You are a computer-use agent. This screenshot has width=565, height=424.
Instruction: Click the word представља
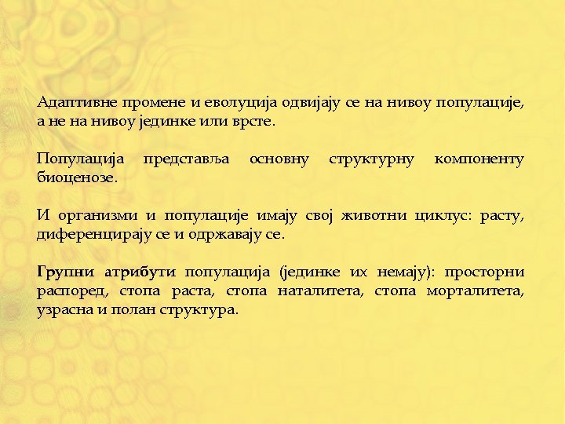pos(187,159)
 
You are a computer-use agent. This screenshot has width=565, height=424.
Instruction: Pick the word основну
pos(279,159)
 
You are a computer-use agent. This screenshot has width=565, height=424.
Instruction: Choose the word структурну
pos(371,159)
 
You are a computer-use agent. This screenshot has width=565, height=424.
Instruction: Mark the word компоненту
pos(479,159)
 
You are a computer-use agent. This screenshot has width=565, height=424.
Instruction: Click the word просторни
pos(484,272)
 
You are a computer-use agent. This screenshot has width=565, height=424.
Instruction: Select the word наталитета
pos(323,291)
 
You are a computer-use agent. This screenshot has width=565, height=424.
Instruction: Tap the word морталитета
pos(475,291)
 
